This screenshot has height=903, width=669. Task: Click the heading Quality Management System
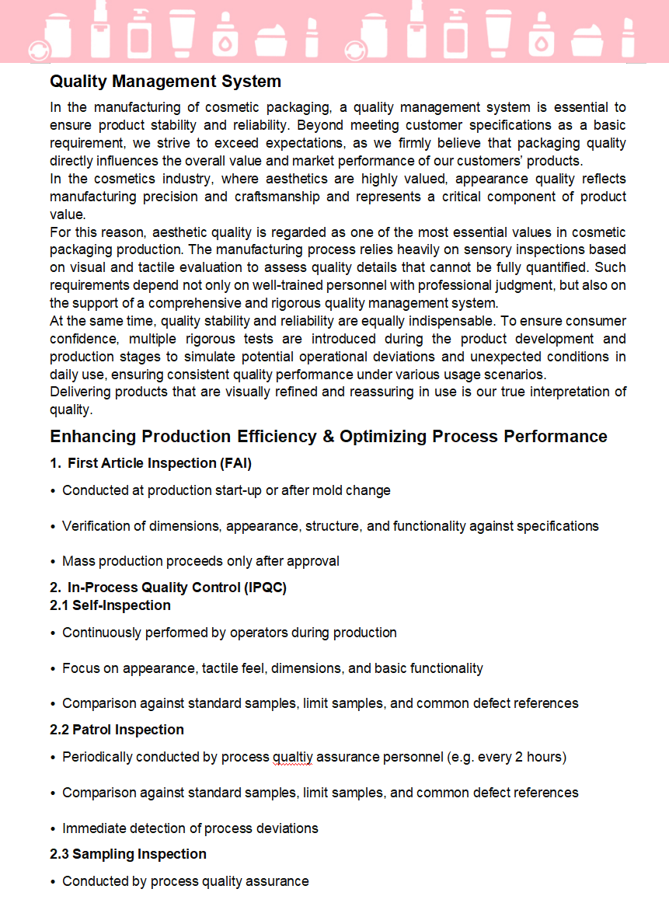click(x=166, y=82)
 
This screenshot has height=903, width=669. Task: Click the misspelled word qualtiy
click(x=292, y=757)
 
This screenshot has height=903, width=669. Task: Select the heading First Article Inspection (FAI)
click(x=159, y=463)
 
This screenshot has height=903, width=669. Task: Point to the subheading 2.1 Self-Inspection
click(x=110, y=605)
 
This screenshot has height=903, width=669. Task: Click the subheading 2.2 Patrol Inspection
click(x=117, y=730)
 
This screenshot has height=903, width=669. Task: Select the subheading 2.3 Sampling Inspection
click(x=128, y=854)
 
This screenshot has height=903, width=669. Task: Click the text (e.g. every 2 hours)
click(x=507, y=757)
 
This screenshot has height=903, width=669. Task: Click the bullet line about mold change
click(x=226, y=490)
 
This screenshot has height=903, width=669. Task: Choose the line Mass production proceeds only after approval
click(x=200, y=561)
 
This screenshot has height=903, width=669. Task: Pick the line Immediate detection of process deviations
click(x=190, y=828)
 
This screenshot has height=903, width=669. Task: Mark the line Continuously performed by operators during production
click(x=229, y=633)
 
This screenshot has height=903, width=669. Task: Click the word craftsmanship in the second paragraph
click(x=277, y=197)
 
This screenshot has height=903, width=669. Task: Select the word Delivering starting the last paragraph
click(x=79, y=392)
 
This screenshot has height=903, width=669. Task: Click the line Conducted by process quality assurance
click(x=185, y=881)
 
